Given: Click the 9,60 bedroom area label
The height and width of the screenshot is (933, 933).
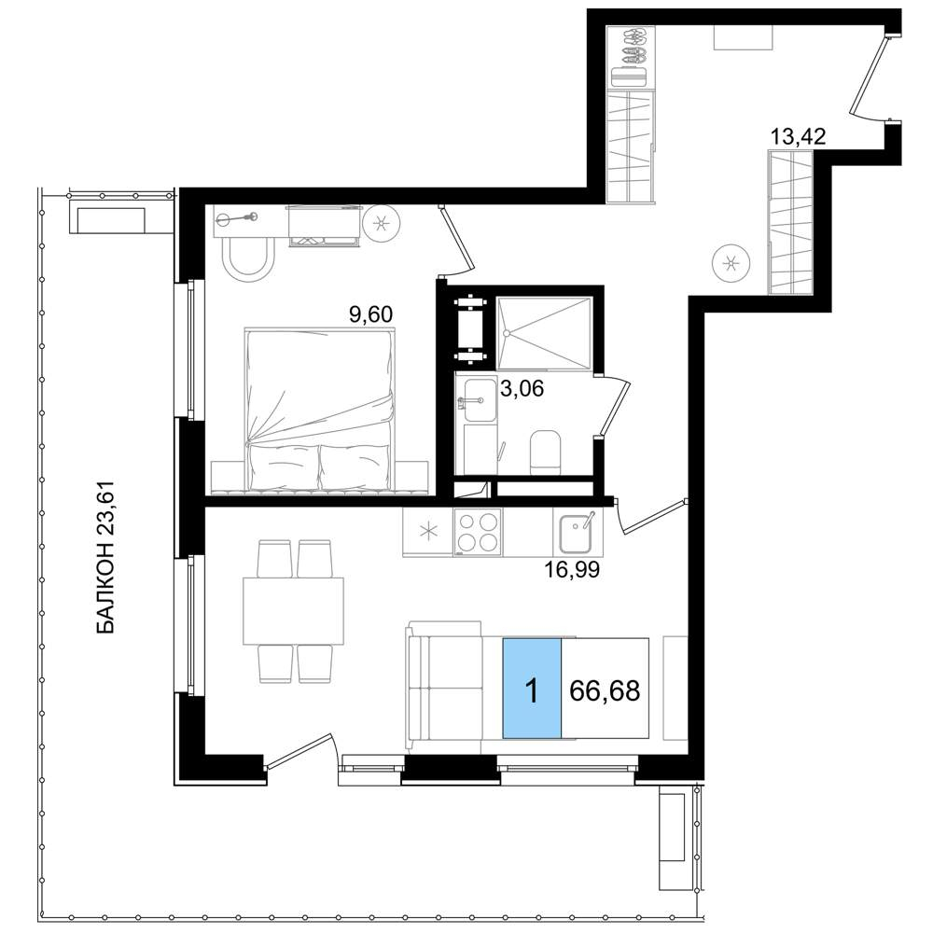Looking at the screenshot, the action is tap(370, 314).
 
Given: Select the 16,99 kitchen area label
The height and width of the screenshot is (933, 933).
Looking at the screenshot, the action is tap(572, 570).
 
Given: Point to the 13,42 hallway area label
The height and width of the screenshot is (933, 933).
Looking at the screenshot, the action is tap(798, 137).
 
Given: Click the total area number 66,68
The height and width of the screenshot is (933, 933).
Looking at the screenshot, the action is tap(605, 690).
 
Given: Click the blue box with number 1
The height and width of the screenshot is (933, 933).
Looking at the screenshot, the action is tap(532, 688).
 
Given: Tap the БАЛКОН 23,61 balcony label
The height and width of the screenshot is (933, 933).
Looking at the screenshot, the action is tap(104, 557).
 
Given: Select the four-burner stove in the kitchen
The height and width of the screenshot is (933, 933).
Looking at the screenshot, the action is tap(478, 532).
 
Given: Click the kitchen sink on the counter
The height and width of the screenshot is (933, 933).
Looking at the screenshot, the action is tap(576, 532).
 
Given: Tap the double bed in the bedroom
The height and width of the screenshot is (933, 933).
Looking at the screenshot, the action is tap(320, 410).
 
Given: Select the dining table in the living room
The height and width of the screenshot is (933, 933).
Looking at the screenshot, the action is tap(293, 611).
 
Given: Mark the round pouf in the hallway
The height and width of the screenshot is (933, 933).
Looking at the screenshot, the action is tap(731, 262).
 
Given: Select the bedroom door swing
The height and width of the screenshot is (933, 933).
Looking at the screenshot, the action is tap(457, 241).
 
